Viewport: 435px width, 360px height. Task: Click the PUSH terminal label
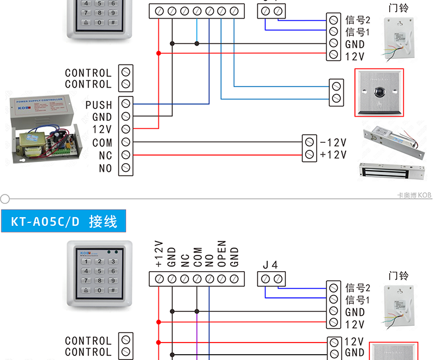coord(98,105)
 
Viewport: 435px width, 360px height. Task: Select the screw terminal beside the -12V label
coord(309,142)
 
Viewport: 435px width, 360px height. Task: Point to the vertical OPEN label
coord(222,254)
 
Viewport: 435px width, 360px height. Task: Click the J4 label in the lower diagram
coord(270,265)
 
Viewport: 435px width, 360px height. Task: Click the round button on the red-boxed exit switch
coord(380,91)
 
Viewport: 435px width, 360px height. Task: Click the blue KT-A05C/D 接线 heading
coord(64,221)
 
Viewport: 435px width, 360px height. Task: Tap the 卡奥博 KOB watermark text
coord(414,196)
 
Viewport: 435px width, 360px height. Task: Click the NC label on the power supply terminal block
coord(105,156)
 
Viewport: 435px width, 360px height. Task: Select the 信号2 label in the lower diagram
coord(357,287)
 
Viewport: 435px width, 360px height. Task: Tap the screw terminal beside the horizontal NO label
coord(125,168)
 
